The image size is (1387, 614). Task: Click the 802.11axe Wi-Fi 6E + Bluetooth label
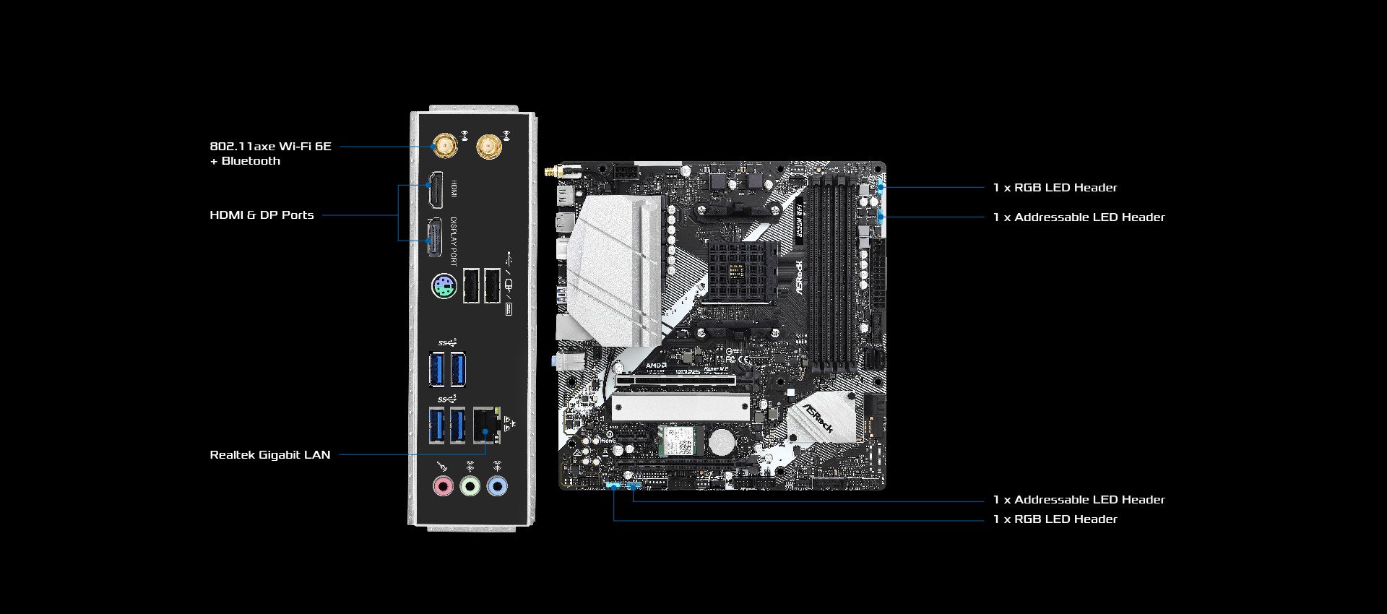click(270, 153)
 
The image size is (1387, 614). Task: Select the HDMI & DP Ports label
click(262, 215)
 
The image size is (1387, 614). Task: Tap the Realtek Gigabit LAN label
click(269, 455)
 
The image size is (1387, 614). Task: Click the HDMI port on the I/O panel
click(436, 190)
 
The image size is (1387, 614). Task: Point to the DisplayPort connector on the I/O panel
click(434, 238)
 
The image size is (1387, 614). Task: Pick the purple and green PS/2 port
click(444, 287)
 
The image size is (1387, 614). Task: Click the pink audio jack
click(443, 486)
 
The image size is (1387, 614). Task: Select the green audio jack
click(470, 486)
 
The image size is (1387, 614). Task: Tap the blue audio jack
click(497, 486)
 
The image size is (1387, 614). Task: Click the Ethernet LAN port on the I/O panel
click(486, 425)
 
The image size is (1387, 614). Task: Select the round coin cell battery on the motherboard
click(721, 441)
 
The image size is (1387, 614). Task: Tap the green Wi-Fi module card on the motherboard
click(678, 441)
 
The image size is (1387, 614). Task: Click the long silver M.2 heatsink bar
click(680, 408)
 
